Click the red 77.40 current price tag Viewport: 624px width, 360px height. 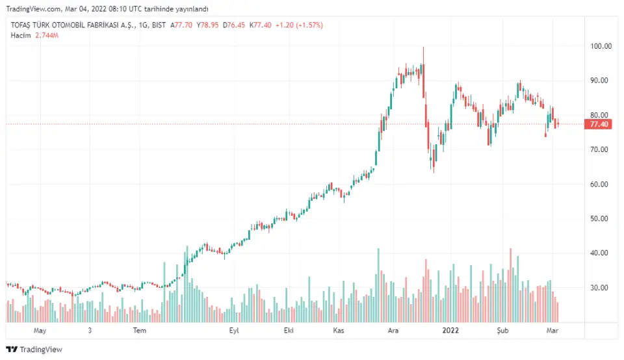(598, 124)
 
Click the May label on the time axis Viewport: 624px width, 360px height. (40, 331)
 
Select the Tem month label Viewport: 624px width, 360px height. (140, 331)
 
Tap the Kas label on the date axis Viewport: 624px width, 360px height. (338, 331)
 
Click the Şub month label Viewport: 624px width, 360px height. (504, 331)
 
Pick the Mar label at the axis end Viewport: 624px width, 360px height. (551, 331)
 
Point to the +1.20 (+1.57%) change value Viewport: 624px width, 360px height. (299, 25)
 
